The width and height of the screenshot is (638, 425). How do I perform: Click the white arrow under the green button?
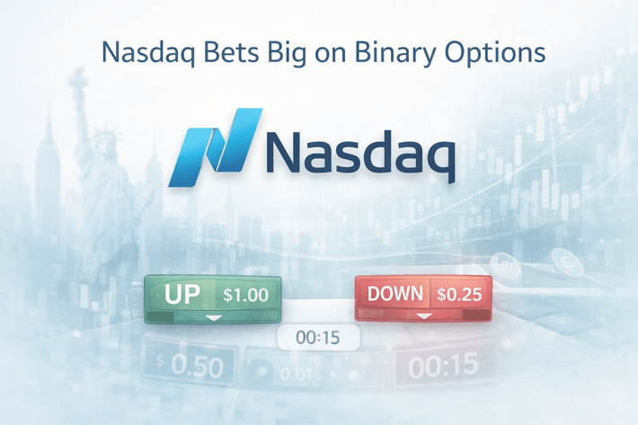click(x=213, y=318)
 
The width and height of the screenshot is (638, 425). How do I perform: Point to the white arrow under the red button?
click(x=424, y=318)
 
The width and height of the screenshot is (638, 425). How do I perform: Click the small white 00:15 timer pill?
click(x=318, y=338)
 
